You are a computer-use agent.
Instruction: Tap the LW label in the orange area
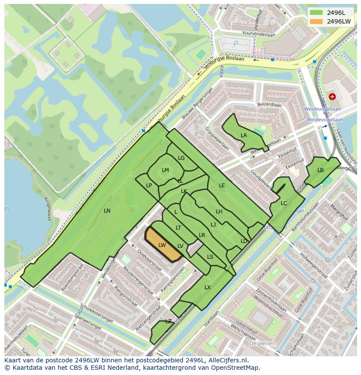162,245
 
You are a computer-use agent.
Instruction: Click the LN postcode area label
107,210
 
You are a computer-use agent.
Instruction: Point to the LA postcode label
244,135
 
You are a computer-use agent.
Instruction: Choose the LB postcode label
320,170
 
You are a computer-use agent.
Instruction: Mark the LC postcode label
284,203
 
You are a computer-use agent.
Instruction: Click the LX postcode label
208,287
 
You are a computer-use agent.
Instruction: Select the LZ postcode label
168,321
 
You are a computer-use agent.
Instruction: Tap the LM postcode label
165,170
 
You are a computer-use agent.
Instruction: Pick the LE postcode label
222,185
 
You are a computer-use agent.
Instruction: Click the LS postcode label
210,257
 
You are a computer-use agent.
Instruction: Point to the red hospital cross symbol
333,96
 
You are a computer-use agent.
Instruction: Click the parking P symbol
236,44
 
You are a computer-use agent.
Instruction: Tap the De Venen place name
262,343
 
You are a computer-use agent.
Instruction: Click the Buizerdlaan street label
269,105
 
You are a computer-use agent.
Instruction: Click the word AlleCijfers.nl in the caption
227,360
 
